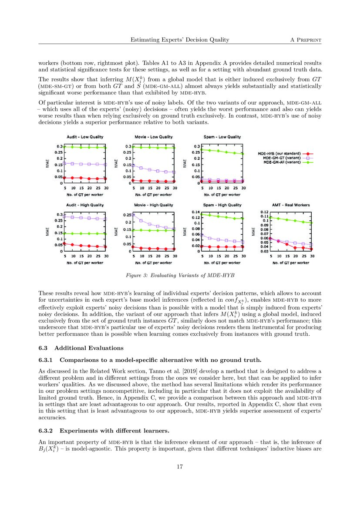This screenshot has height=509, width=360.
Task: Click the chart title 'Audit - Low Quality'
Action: [x=85, y=137]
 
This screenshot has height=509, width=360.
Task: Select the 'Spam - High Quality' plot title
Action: [x=222, y=205]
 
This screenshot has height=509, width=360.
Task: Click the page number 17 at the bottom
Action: [x=180, y=467]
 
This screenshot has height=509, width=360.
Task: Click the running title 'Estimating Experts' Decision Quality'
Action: [x=180, y=40]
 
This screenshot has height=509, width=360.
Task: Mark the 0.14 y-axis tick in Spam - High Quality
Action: [x=196, y=212]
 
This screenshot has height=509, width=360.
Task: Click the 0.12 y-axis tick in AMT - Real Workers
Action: [x=264, y=212]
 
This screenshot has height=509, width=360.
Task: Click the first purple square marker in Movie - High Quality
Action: [x=134, y=215]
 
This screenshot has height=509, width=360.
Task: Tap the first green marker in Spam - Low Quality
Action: [x=202, y=149]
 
